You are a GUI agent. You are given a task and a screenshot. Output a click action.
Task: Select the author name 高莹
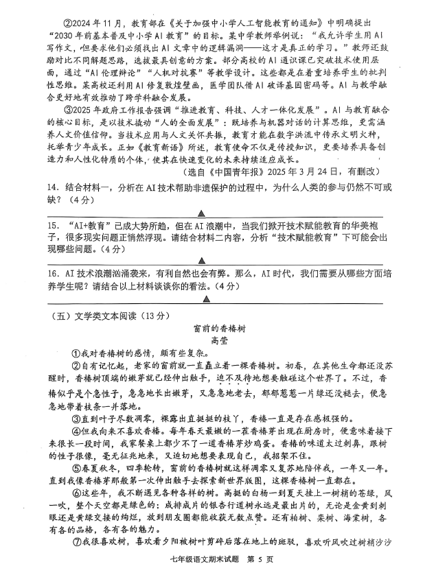(219, 340)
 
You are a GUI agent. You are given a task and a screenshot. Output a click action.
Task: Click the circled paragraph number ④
(77, 434)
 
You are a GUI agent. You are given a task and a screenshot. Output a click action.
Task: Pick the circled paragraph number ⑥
(77, 493)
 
